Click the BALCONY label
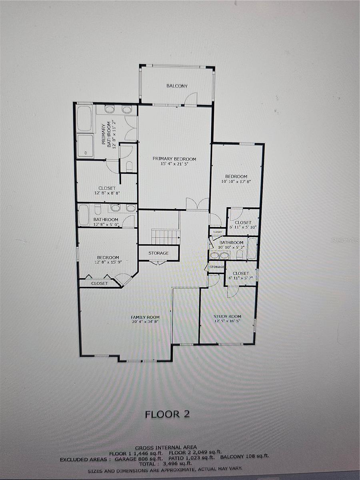pos(177,86)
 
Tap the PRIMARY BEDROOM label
pos(174,159)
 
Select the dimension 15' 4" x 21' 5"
pos(174,164)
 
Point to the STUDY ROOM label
pos(227,316)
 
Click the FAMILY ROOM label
pos(145,317)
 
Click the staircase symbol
pos(166,237)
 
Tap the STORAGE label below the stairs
pos(158,253)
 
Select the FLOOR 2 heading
pos(167,414)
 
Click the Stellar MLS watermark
pos(345,240)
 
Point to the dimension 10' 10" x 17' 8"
pos(236,181)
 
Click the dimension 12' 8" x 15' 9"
pos(108,262)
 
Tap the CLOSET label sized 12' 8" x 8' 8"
pos(107,188)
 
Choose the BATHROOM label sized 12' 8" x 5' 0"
pos(106,220)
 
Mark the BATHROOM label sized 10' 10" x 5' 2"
pos(231,242)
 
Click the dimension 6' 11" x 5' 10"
pos(243,227)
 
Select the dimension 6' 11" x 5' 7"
pos(241,278)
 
